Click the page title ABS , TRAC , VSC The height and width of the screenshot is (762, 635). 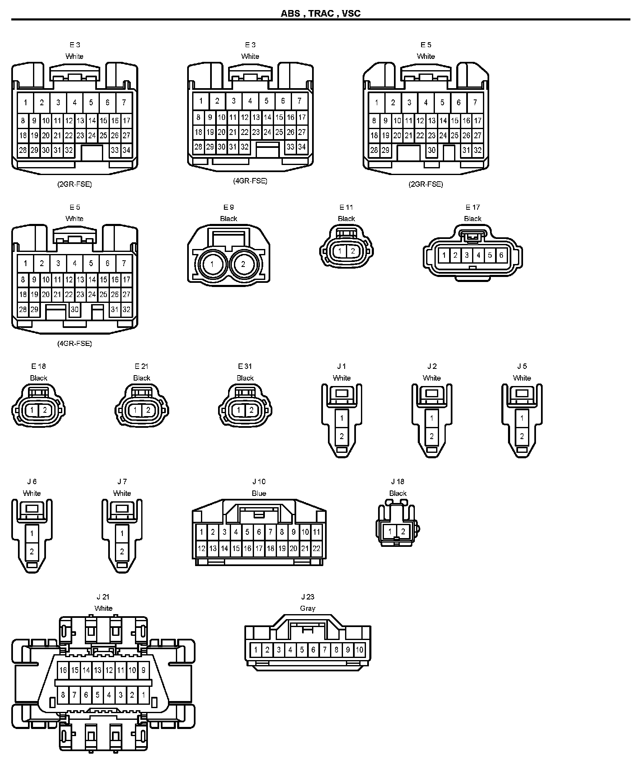click(x=320, y=13)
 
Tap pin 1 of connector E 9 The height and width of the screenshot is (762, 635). click(x=212, y=264)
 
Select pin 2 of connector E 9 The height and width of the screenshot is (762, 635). click(x=243, y=264)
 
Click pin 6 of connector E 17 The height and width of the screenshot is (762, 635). click(x=501, y=255)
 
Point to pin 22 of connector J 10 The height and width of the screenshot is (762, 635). click(x=316, y=549)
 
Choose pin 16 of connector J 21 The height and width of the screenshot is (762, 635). click(x=63, y=670)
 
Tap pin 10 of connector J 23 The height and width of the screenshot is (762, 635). click(x=359, y=650)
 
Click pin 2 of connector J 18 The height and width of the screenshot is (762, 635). click(x=403, y=532)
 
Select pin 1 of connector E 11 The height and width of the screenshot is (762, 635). click(x=340, y=251)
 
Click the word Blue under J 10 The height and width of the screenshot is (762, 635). click(x=259, y=493)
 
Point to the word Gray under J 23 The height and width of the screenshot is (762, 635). click(x=307, y=608)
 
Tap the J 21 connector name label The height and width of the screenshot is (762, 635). click(x=103, y=597)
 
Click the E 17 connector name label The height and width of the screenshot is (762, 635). click(x=472, y=207)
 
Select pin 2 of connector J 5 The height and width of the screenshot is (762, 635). click(x=522, y=437)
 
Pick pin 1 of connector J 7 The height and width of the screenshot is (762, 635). click(x=122, y=533)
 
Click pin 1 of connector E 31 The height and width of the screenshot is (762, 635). click(x=239, y=410)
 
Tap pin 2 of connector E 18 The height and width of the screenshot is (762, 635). click(x=45, y=410)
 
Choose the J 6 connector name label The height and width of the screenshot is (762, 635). click(x=32, y=482)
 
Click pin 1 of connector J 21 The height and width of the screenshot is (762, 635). click(x=143, y=695)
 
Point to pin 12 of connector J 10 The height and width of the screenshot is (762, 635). click(x=201, y=549)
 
